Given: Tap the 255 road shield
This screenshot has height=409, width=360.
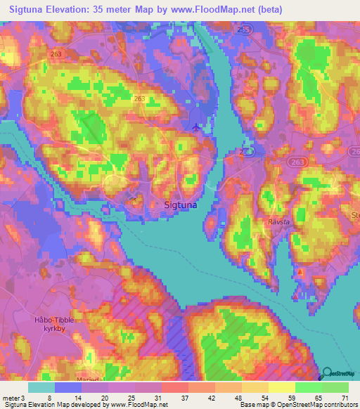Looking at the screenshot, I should (244, 30).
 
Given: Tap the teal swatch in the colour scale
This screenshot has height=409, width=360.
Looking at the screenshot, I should (41, 387).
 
